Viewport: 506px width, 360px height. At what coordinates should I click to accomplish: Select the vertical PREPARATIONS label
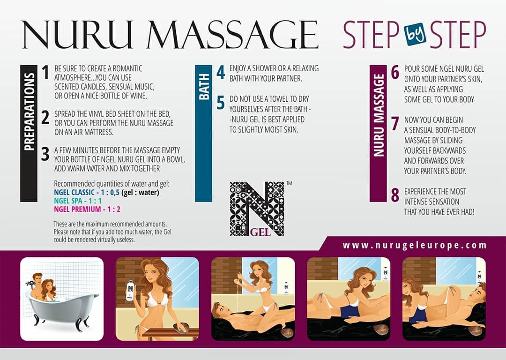[x=29, y=112]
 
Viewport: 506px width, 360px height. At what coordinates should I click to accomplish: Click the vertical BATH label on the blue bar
[x=204, y=86]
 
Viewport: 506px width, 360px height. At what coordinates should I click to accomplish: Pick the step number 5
[x=221, y=103]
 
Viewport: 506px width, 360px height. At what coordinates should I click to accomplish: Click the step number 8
[x=395, y=195]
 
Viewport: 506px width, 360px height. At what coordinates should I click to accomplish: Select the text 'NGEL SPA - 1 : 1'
[x=78, y=201]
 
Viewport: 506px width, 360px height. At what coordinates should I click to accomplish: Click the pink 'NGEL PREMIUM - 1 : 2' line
[x=87, y=209]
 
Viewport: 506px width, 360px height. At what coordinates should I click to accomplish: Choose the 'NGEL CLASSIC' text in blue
[x=74, y=193]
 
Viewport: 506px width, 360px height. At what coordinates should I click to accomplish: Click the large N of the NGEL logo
[x=258, y=208]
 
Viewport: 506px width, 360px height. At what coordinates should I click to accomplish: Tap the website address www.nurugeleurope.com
[x=415, y=245]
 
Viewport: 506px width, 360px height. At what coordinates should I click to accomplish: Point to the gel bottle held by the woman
[x=130, y=290]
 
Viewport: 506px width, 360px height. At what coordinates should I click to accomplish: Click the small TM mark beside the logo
[x=289, y=183]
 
